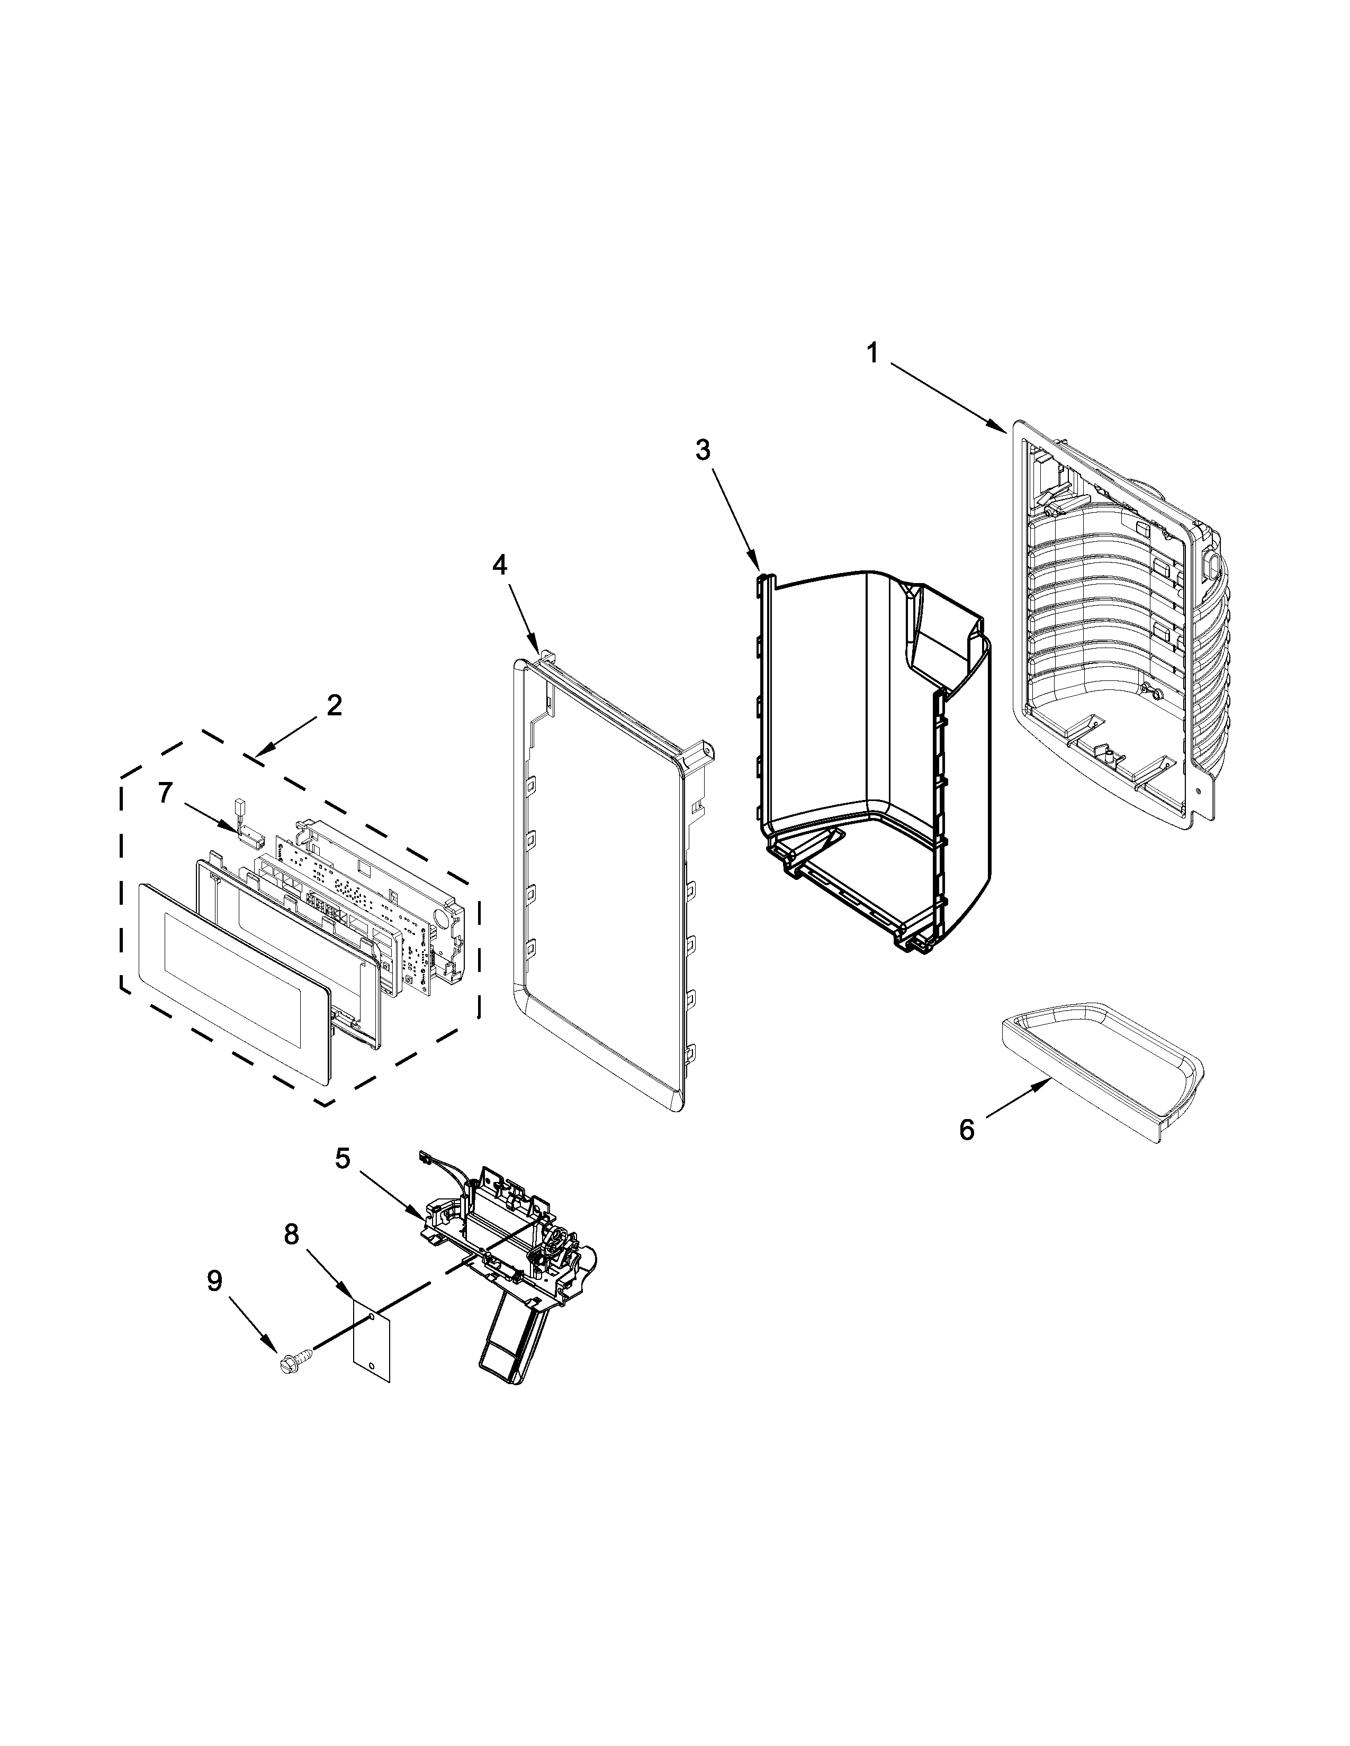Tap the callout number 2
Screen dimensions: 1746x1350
(x=334, y=705)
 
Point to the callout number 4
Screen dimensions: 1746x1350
(x=499, y=565)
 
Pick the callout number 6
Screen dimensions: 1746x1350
(x=967, y=1131)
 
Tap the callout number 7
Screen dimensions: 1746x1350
(x=165, y=793)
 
